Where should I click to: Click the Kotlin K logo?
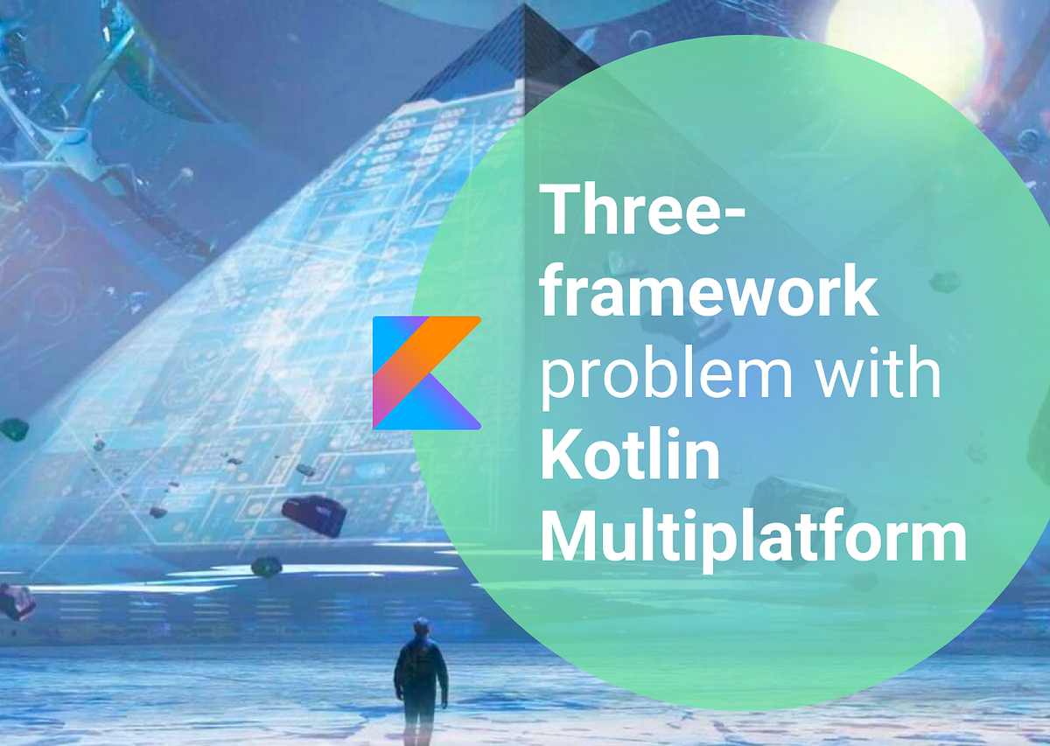click(426, 373)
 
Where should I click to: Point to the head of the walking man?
click(422, 627)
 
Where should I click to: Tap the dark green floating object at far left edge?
click(14, 429)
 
